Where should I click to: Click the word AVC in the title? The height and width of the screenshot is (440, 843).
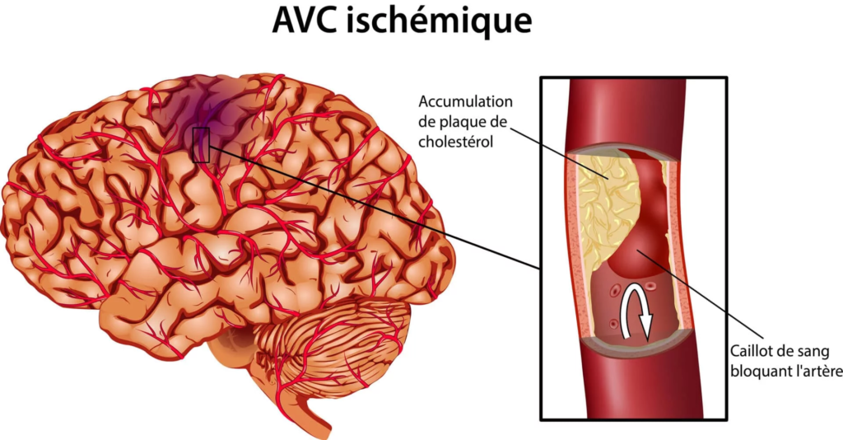[x=304, y=21]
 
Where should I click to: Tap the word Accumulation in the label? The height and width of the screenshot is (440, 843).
[x=466, y=101]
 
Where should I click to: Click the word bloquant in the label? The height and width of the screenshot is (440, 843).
[x=754, y=372]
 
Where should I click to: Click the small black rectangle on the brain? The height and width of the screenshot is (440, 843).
[x=201, y=145]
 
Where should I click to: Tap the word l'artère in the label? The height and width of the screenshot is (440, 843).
[x=813, y=372]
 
